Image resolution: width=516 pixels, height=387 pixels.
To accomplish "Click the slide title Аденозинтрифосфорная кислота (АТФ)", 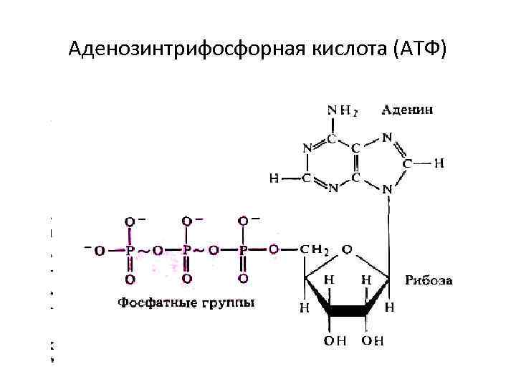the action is point(257,49).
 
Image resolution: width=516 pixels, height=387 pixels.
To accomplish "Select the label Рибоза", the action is point(429,280).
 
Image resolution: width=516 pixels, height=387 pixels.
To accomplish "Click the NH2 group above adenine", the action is point(342,110).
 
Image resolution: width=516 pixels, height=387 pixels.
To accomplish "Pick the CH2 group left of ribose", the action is point(315,250).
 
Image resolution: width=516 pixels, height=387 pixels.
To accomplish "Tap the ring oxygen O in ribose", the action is point(347,250).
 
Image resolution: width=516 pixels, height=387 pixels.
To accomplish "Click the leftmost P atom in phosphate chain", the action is point(130,250).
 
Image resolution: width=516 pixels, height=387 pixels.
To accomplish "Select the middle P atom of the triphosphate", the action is point(186,250).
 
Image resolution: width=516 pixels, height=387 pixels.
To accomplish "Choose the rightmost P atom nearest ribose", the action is point(243,250).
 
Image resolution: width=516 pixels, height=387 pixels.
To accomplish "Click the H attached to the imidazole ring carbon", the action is point(439,163).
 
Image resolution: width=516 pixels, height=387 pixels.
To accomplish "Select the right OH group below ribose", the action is point(373,340).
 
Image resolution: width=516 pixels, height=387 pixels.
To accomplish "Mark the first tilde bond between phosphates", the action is point(145,250).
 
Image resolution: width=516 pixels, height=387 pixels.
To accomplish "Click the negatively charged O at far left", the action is point(98,250).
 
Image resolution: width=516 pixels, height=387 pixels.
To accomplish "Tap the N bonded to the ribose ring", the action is point(387,189).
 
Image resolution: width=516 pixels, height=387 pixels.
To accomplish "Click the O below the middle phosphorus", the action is point(186,278).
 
